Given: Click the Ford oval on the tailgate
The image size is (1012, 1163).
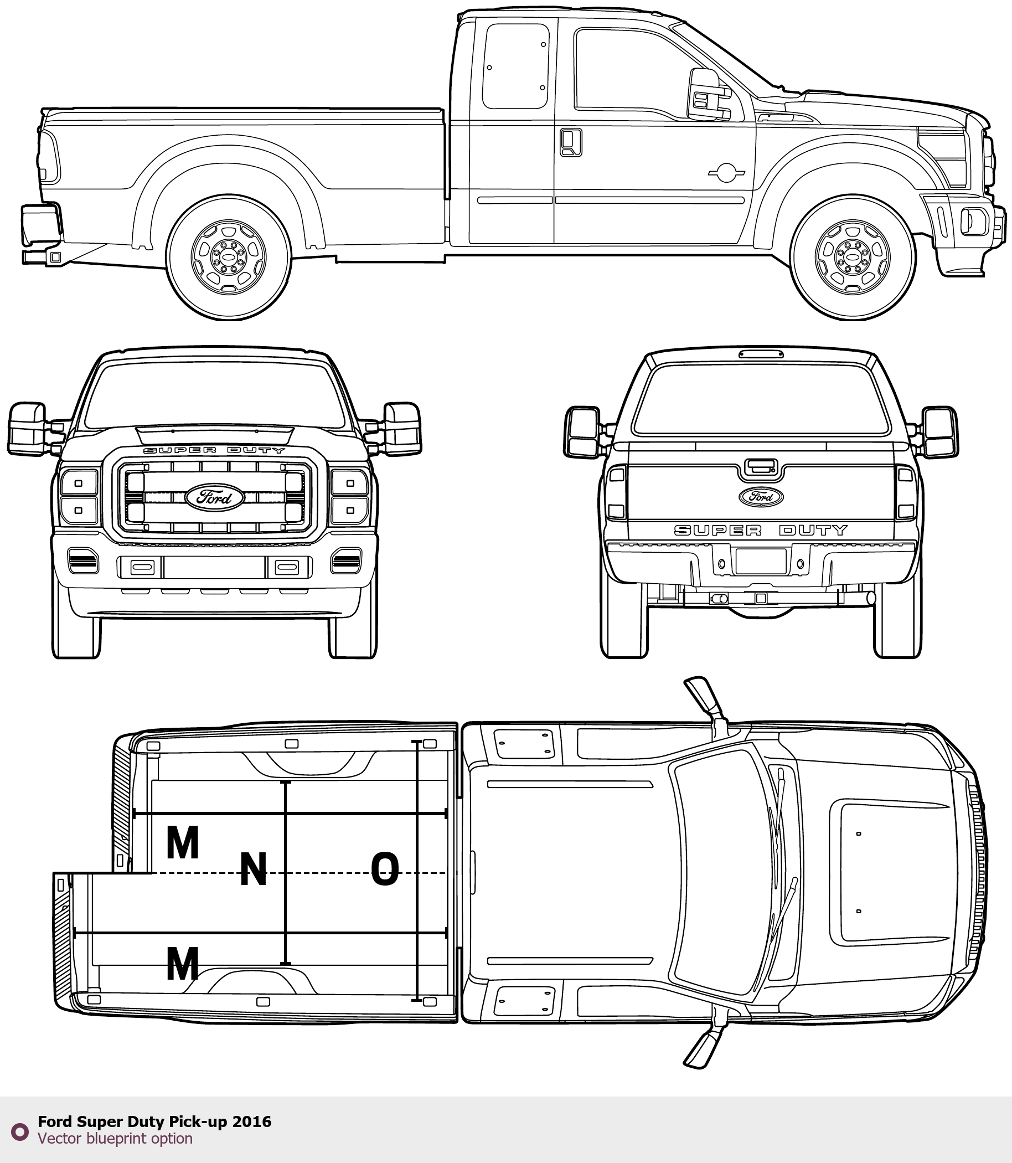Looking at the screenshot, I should [761, 497].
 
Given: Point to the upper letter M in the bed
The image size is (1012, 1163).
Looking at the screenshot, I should [182, 842].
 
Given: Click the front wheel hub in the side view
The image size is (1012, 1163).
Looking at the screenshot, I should [853, 258].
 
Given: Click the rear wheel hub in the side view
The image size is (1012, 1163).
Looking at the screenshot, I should [228, 258].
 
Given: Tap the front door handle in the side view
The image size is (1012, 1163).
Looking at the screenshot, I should [571, 142].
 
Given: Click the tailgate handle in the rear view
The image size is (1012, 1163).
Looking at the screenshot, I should [760, 466].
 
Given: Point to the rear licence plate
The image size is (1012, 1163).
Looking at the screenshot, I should [761, 561].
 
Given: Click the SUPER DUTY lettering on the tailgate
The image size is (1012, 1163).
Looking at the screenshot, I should [761, 530].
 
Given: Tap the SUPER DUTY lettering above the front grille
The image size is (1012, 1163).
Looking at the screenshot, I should [214, 450].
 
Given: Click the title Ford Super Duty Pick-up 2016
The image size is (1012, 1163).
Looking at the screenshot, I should [154, 1121].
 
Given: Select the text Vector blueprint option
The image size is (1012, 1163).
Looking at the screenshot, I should [115, 1138].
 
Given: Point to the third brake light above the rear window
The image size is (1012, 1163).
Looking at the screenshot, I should [761, 354].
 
